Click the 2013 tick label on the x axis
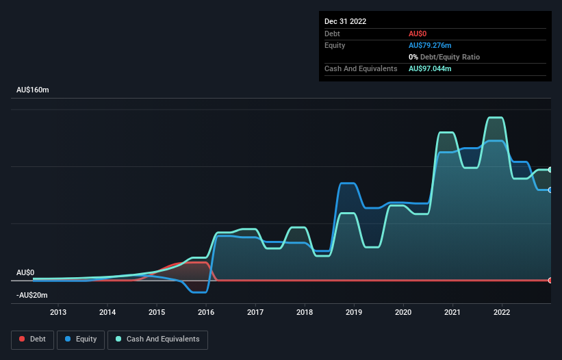pyautogui.click(x=58, y=313)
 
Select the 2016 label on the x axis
pyautogui.click(x=206, y=313)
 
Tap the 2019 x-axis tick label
pyautogui.click(x=354, y=313)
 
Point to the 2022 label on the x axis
pyautogui.click(x=502, y=313)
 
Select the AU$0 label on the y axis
pyautogui.click(x=25, y=272)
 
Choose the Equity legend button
pyautogui.click(x=81, y=339)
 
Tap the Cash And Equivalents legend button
pyautogui.click(x=157, y=339)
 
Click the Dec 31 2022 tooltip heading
pyautogui.click(x=346, y=21)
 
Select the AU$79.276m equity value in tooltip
pyautogui.click(x=430, y=45)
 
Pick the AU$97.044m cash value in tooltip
pyautogui.click(x=430, y=68)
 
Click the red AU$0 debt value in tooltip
pyautogui.click(x=418, y=34)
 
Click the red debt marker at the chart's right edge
pyautogui.click(x=550, y=280)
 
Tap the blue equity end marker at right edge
pyautogui.click(x=550, y=190)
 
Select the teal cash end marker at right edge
pyautogui.click(x=550, y=169)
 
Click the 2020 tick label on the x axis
pyautogui.click(x=403, y=313)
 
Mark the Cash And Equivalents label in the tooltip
pyautogui.click(x=361, y=68)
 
